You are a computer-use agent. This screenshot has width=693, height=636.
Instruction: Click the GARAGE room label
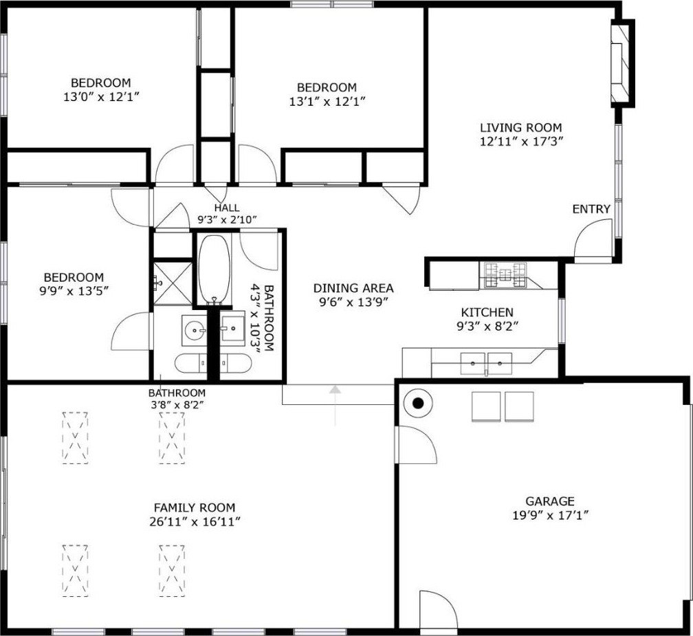click(x=550, y=501)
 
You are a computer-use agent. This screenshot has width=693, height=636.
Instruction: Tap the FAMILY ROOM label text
click(x=195, y=507)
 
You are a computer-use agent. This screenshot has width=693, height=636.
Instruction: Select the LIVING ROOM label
click(x=521, y=128)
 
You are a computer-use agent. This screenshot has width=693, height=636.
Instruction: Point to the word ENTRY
click(x=591, y=209)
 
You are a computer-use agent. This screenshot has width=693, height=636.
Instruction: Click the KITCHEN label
click(x=487, y=312)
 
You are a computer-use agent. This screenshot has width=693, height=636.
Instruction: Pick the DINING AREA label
click(x=353, y=288)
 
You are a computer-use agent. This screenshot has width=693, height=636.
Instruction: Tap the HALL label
click(x=227, y=207)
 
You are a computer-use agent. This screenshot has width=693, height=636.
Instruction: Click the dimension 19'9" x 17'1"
click(x=550, y=516)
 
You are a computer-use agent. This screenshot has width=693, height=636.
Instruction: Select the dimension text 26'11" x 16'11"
click(x=195, y=522)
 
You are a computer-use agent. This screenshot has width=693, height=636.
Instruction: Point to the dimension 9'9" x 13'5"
click(x=74, y=292)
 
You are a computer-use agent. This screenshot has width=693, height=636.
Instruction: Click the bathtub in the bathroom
click(x=214, y=269)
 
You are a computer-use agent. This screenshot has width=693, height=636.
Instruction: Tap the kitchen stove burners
click(x=505, y=275)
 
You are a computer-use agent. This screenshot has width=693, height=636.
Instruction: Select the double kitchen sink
click(x=486, y=364)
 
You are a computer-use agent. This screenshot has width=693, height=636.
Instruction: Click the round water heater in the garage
click(x=418, y=403)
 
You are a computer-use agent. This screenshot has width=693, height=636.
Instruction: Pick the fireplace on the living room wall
click(x=622, y=63)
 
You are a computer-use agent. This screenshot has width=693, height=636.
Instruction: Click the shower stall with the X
click(x=173, y=283)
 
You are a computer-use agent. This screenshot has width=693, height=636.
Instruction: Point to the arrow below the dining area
click(x=335, y=405)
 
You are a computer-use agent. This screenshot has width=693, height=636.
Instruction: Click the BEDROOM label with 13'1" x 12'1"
click(x=327, y=87)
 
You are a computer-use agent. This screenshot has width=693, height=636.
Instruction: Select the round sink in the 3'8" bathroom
click(x=194, y=330)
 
